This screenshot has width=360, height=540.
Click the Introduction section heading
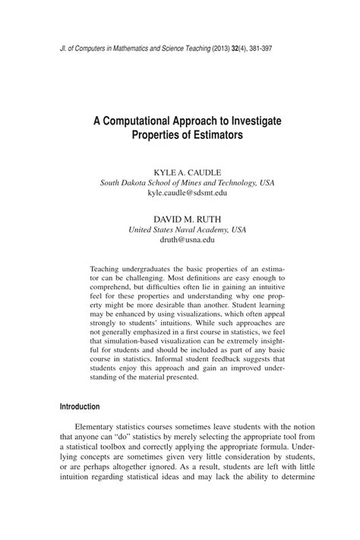click(80, 406)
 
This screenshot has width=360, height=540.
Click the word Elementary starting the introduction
click(104, 427)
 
